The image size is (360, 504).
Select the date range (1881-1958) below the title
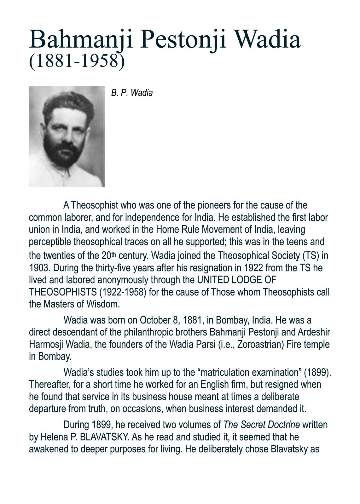click(x=77, y=61)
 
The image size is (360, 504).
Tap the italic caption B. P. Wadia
click(x=132, y=93)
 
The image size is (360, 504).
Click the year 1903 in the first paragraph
click(x=40, y=268)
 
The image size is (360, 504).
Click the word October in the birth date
click(x=155, y=320)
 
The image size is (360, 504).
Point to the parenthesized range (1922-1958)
click(x=123, y=292)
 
